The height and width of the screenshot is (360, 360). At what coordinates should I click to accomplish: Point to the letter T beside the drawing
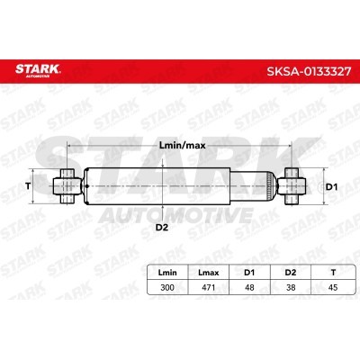28,185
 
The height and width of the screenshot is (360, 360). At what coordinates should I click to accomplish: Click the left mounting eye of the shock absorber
66,185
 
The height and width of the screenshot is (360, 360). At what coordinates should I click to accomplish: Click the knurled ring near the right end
272,185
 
